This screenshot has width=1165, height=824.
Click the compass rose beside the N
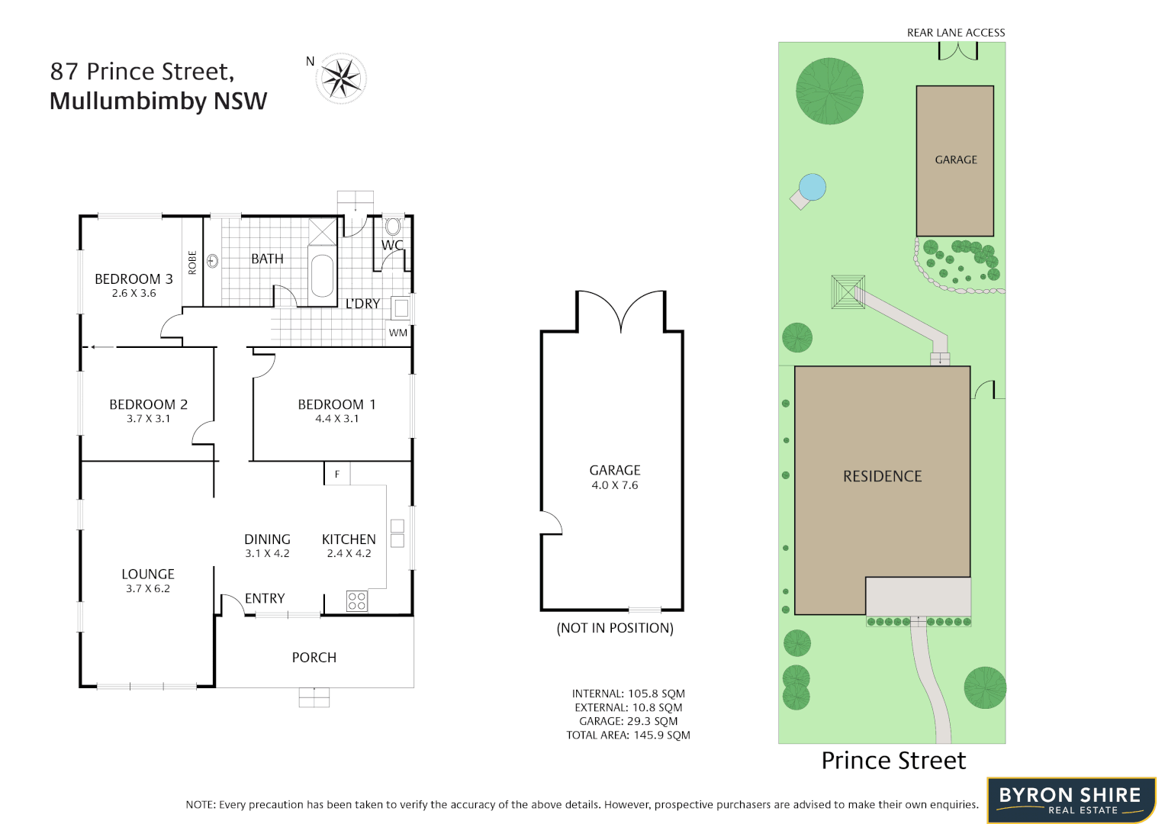[341, 78]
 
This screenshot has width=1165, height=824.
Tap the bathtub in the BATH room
[322, 275]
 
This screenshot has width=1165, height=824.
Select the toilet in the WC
[393, 226]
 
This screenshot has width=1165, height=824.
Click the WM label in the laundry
[398, 333]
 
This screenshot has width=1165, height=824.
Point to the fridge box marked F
[337, 474]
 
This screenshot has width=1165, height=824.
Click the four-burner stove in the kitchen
[357, 600]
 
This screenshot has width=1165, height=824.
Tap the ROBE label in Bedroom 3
[192, 262]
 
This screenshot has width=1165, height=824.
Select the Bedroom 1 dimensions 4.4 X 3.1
[336, 419]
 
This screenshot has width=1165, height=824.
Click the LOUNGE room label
[148, 574]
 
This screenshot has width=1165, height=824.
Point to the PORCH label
[314, 658]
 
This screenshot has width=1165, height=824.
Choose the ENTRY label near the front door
[265, 599]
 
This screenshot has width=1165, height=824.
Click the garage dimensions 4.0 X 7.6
[615, 485]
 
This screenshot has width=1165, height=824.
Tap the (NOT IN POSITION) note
[615, 628]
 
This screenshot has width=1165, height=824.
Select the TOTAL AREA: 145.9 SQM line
[628, 735]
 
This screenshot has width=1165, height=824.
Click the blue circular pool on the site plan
[813, 187]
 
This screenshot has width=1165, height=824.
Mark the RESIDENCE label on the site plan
[883, 477]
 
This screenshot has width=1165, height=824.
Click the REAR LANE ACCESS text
[956, 33]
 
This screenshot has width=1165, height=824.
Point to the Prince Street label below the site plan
[893, 761]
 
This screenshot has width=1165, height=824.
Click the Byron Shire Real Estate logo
[1071, 800]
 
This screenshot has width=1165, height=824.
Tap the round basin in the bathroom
[213, 261]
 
